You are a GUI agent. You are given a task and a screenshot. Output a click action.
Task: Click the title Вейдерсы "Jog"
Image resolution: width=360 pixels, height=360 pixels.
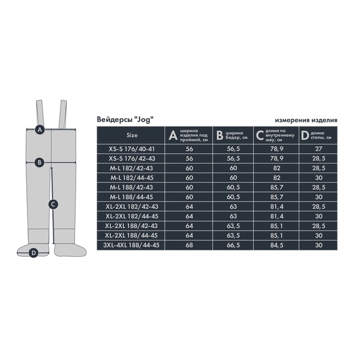125,119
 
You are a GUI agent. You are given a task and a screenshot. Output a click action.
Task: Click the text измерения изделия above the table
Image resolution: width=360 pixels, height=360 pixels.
306,120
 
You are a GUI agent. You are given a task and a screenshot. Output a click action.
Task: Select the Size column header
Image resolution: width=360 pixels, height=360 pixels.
132,135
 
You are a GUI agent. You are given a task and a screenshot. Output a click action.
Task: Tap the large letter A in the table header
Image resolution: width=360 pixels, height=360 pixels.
173,135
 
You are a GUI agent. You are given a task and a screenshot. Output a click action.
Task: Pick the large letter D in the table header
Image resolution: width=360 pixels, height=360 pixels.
305,136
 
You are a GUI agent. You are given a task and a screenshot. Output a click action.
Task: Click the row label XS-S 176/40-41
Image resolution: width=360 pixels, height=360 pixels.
132,149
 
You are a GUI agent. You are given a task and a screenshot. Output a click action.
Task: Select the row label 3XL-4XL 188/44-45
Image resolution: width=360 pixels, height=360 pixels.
131,245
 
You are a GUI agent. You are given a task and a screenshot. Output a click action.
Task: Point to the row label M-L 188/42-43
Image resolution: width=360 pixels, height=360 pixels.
131,187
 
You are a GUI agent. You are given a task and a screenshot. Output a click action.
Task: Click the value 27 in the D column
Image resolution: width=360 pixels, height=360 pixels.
319,149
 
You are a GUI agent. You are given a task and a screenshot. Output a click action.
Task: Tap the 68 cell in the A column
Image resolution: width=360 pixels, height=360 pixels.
189,245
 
